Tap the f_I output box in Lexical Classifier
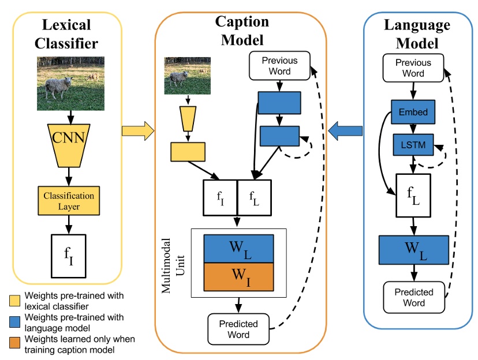click(x=69, y=255)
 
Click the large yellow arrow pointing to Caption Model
click(x=137, y=130)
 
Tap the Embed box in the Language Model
click(x=413, y=112)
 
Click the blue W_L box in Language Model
click(x=413, y=249)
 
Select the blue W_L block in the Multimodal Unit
click(x=238, y=249)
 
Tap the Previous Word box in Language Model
click(x=413, y=67)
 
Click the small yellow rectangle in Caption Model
click(x=188, y=151)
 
